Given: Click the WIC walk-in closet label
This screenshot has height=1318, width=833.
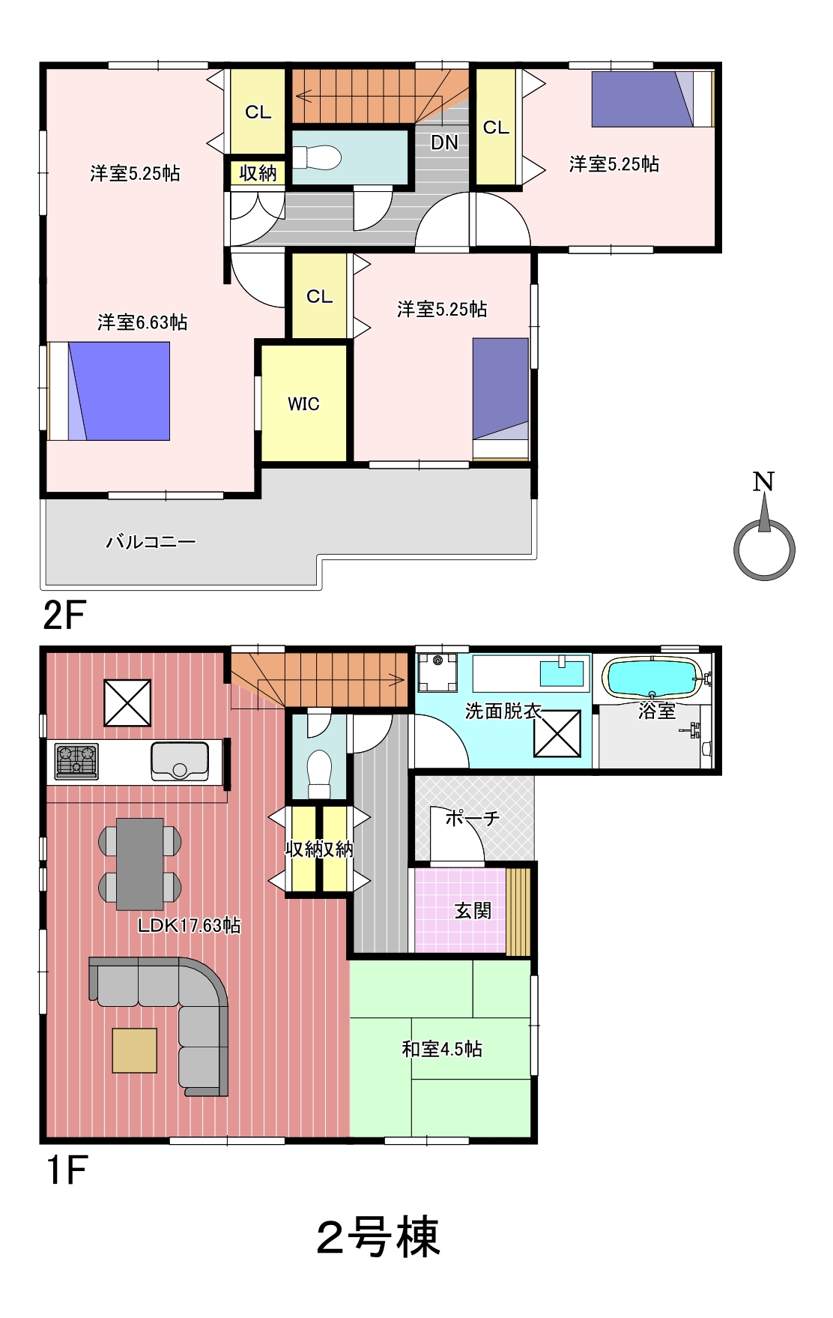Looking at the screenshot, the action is click(x=303, y=404).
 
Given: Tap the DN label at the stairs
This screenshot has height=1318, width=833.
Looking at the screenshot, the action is click(x=444, y=142).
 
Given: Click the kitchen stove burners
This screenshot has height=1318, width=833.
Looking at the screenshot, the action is click(x=76, y=761).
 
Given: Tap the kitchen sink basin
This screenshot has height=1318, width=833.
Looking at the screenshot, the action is click(x=180, y=761).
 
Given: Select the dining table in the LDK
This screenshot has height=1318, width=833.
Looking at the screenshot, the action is click(x=140, y=864).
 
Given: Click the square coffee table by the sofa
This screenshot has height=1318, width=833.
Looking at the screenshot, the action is click(x=135, y=1050).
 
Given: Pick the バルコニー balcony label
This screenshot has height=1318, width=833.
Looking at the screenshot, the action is click(x=151, y=541).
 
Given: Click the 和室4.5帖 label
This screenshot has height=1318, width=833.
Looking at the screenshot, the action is click(x=442, y=1049).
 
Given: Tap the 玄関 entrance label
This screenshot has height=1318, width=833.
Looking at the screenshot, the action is click(x=473, y=910).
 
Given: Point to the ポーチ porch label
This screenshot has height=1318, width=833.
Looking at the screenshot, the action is click(x=473, y=818).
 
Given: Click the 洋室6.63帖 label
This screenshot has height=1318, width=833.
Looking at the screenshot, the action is click(x=142, y=322).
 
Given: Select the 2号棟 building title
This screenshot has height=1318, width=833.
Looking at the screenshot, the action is click(x=378, y=1237).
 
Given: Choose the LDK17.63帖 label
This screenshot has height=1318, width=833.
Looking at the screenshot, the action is click(x=190, y=925).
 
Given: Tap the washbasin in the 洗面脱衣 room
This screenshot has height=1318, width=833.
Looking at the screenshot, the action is click(x=562, y=672).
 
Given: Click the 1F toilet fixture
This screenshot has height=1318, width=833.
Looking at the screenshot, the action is click(x=320, y=774).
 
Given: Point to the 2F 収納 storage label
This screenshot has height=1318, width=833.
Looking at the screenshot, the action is click(x=258, y=173).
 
